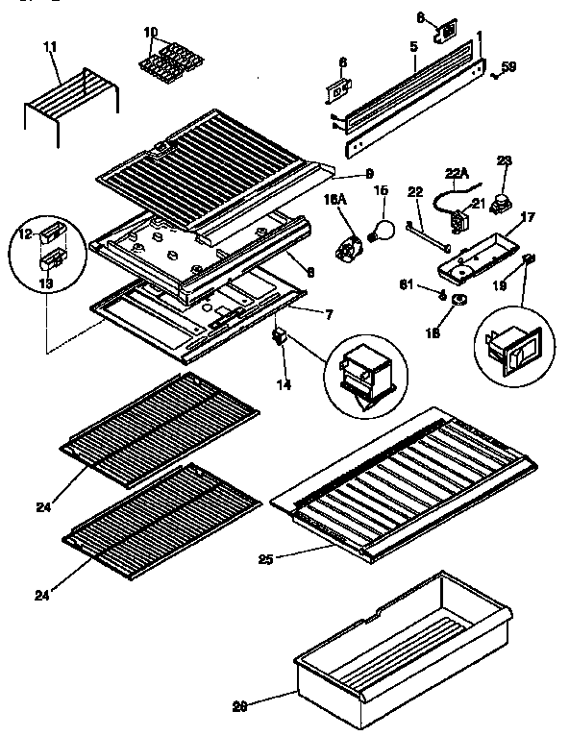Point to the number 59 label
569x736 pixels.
508,66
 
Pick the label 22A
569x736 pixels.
456,173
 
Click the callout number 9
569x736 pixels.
341,174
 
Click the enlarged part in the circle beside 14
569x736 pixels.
366,374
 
